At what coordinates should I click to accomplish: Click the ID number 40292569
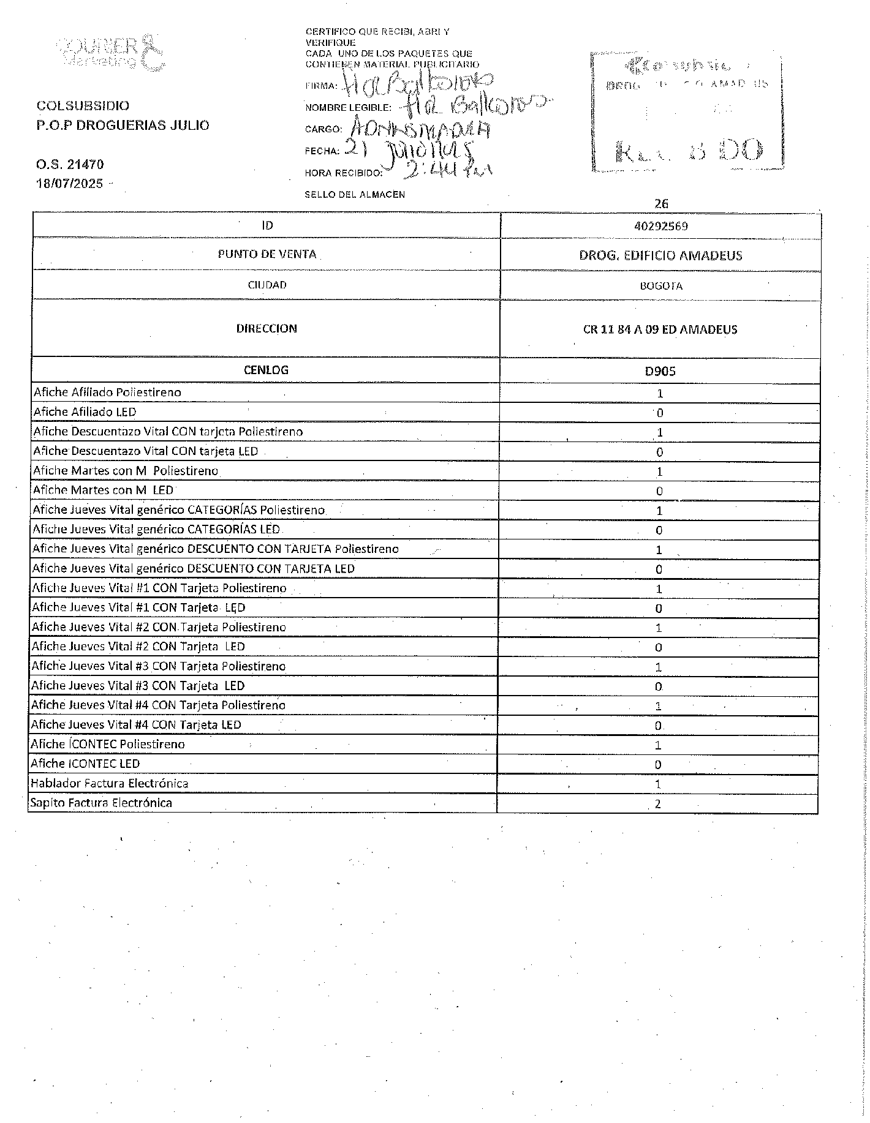(660, 226)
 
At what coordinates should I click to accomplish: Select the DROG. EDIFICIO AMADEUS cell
(660, 255)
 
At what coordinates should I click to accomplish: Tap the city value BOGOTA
(660, 286)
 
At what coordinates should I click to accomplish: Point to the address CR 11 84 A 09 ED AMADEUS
(660, 329)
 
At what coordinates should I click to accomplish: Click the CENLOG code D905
(660, 371)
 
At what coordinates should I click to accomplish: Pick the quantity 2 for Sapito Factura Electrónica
(657, 804)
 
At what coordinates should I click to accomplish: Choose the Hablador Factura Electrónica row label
(110, 784)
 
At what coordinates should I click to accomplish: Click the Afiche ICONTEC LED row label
(86, 764)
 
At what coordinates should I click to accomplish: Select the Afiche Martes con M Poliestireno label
(126, 471)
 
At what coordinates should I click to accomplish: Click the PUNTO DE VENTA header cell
(267, 254)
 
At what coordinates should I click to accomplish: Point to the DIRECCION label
(267, 329)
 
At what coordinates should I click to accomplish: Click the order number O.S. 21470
(70, 164)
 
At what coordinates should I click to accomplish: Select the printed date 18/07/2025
(70, 183)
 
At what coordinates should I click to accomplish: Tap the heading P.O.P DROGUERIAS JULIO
(123, 126)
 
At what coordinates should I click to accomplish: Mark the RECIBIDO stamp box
(687, 111)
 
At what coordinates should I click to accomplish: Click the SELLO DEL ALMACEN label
(355, 195)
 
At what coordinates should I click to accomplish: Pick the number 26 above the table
(661, 204)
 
